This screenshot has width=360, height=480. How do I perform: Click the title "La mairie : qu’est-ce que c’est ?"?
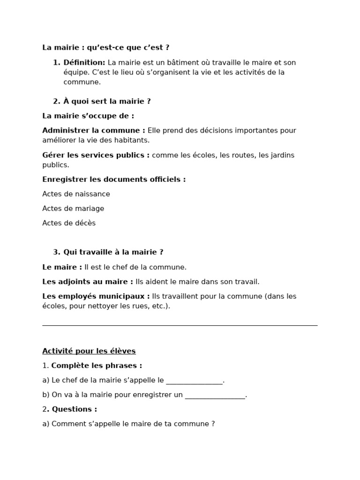pos(105,47)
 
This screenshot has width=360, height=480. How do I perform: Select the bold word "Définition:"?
pos(84,62)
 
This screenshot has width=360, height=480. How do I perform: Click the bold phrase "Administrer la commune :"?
pos(94,130)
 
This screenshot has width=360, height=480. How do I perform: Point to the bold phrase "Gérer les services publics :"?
pos(96,155)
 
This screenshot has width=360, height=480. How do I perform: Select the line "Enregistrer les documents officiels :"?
pos(114,179)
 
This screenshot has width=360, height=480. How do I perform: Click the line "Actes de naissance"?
pos(76,194)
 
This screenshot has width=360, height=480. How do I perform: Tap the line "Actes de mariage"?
pos(73,209)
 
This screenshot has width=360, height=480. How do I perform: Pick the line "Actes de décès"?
pos(69,223)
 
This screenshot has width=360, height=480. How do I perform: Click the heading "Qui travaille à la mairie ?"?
pos(113,252)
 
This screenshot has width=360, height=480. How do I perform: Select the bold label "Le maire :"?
pos(62,267)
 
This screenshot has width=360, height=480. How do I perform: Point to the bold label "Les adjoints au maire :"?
pos(88,282)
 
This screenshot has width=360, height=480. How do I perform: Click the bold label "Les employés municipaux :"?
pos(96,296)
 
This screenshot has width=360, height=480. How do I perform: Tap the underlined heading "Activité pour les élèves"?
pos(89,351)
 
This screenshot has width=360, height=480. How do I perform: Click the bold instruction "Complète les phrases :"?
pos(97,366)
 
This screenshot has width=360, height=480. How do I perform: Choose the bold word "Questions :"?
pos(74,409)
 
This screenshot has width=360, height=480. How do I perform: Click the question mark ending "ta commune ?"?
pos(213,424)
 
